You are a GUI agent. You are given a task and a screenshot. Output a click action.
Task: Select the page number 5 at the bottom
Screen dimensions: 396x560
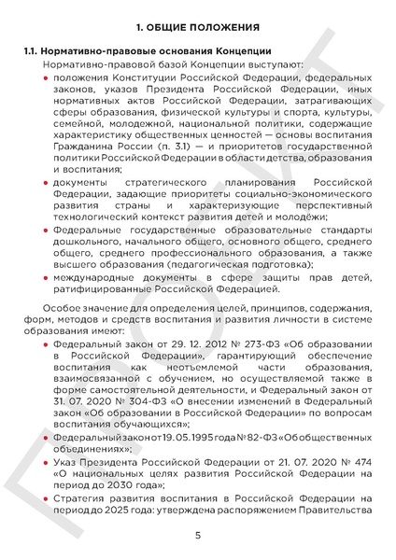tap(198, 535)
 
